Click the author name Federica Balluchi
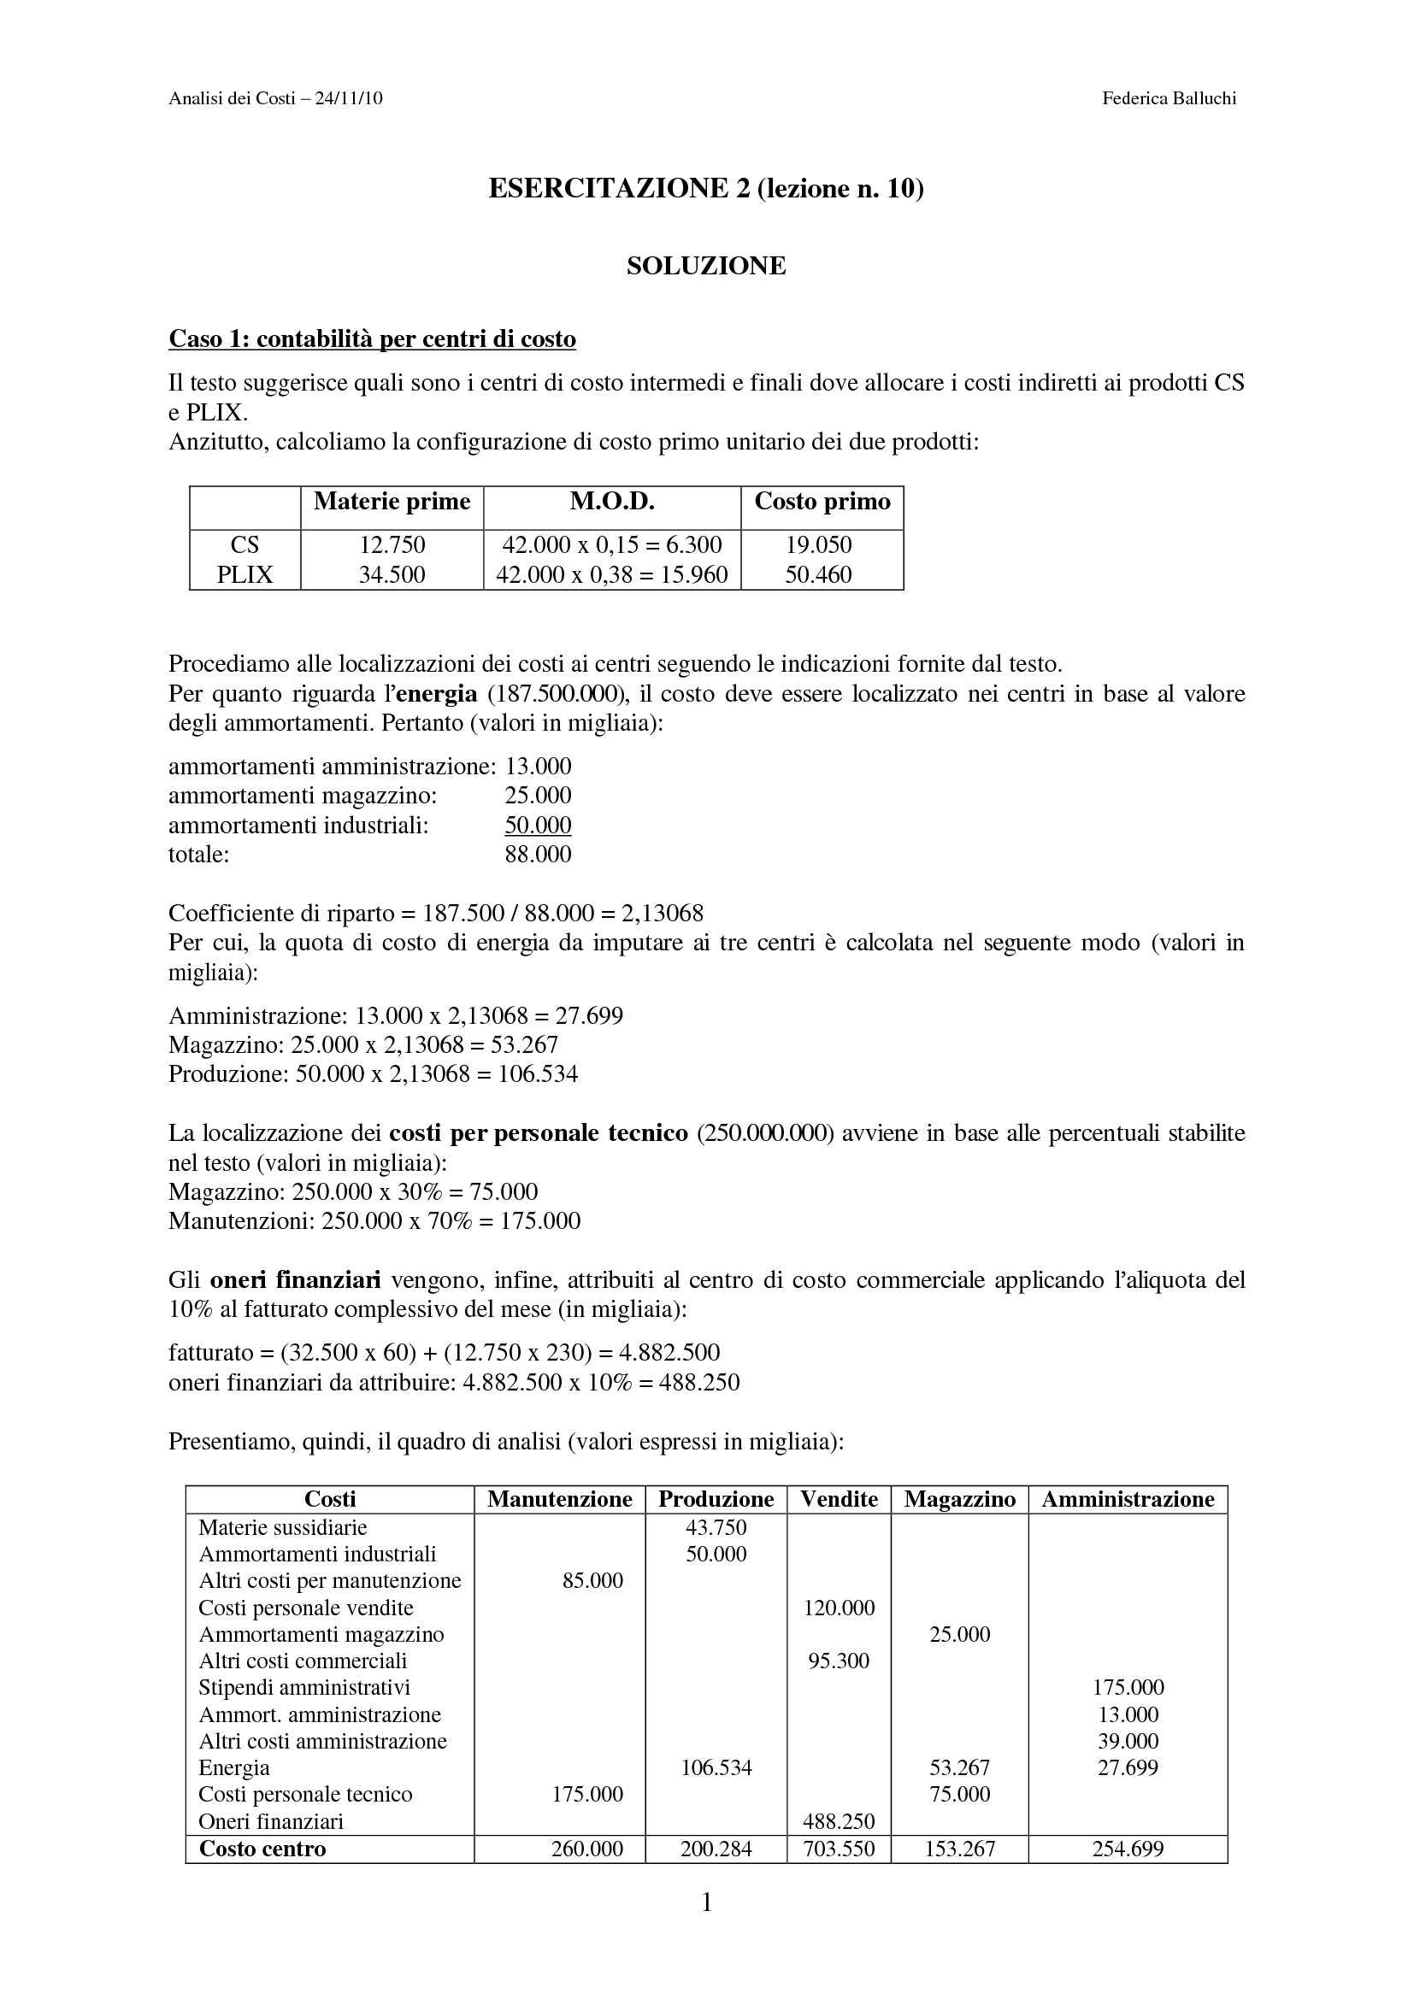tap(1169, 98)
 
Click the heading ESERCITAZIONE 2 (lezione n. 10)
tap(705, 188)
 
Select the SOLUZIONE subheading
tap(705, 266)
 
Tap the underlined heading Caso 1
tap(372, 338)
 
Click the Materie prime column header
tap(392, 502)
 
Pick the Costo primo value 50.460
tap(818, 574)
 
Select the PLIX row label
tap(245, 574)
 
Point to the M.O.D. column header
tap(612, 502)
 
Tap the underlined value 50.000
tap(538, 825)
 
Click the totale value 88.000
tap(538, 854)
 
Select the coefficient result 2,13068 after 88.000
tap(662, 914)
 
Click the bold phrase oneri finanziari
tap(295, 1280)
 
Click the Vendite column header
tap(839, 1499)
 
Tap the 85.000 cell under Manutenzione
tap(592, 1580)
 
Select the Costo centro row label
tap(262, 1849)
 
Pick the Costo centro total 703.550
tap(839, 1849)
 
